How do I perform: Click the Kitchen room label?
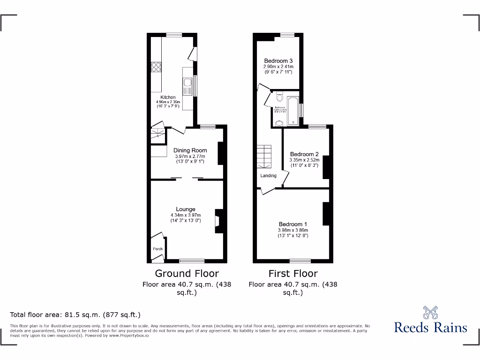click(168, 97)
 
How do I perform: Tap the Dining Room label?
click(190, 150)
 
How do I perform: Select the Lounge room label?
click(186, 209)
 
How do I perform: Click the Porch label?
click(157, 249)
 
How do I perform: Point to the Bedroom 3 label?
click(278, 61)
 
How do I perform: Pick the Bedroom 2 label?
click(304, 154)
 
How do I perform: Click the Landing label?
click(269, 176)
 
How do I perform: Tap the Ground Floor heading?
click(187, 273)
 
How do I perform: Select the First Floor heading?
click(293, 273)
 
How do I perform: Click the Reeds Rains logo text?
click(431, 327)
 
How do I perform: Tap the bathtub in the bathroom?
click(293, 111)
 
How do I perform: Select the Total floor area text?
click(75, 315)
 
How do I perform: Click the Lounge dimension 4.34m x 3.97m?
click(186, 215)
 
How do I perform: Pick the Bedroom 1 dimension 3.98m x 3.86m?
click(293, 230)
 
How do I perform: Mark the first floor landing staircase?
click(264, 156)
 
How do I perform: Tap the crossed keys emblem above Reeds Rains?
click(430, 312)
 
